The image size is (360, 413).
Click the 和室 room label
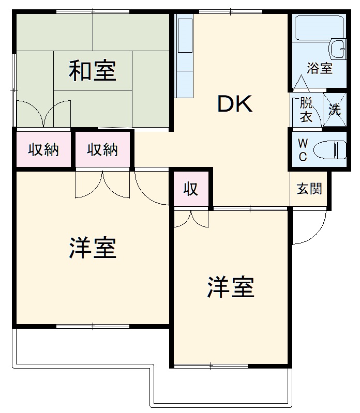point(93,71)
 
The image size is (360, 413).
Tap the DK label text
point(234,104)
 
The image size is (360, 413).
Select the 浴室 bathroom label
point(319,68)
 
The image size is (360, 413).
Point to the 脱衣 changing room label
point(306,110)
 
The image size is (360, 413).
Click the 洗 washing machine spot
point(335,110)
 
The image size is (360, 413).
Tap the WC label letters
point(303,150)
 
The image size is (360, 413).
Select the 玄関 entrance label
point(309,189)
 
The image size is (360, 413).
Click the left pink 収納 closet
point(43,150)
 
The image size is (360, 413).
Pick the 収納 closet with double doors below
point(102,150)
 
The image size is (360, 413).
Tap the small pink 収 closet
point(191,189)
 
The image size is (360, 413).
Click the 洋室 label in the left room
point(93,249)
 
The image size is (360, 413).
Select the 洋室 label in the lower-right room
point(231,287)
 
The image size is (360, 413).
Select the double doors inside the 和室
point(44,114)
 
